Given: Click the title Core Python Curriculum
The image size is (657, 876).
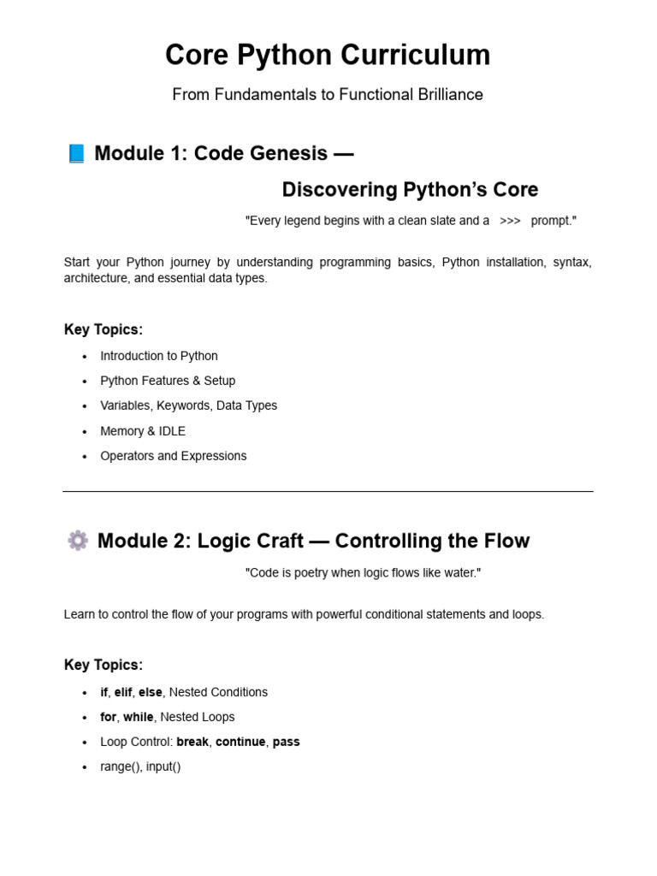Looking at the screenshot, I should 328,55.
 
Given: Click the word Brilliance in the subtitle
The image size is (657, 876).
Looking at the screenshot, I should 450,94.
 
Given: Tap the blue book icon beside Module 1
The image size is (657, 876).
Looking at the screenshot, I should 76,154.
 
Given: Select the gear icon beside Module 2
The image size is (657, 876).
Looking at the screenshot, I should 77,541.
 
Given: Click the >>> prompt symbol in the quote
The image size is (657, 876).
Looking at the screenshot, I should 510,221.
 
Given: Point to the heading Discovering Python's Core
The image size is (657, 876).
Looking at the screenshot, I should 410,189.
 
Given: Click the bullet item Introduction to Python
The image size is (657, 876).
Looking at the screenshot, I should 159,356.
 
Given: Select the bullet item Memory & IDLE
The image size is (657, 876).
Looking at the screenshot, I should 143,431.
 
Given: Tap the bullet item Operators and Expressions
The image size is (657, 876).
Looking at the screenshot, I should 174,456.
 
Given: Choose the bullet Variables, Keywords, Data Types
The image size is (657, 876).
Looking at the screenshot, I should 188,405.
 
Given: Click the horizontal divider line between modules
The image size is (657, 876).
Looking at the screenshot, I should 328,492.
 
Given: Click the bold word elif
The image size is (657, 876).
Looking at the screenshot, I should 123,692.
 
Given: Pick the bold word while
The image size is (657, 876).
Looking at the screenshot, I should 139,717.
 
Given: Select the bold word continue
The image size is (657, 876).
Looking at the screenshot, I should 240,742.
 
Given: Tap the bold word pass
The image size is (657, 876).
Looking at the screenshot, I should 286,742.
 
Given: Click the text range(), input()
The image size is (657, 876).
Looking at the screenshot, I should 140,766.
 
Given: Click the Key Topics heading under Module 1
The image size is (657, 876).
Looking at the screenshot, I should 104,329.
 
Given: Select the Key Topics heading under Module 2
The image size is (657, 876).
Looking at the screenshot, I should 104,665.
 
